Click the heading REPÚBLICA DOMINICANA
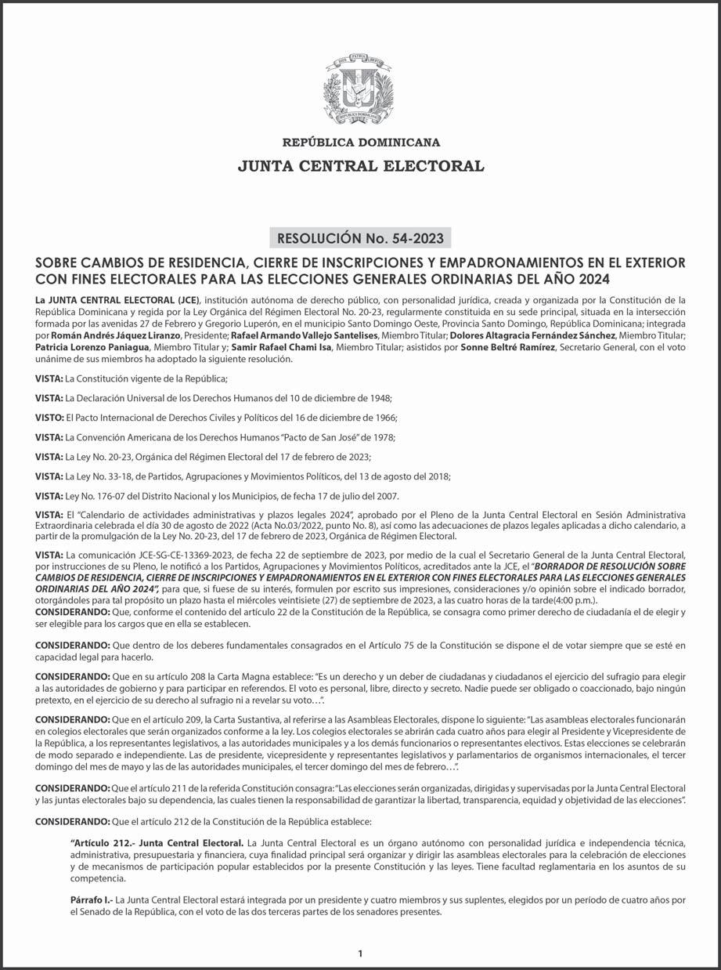pos(361,143)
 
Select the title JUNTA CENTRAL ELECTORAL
pos(361,166)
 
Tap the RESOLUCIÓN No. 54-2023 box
pos(360,238)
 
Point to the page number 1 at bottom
pos(360,954)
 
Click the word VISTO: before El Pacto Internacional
pos(49,418)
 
